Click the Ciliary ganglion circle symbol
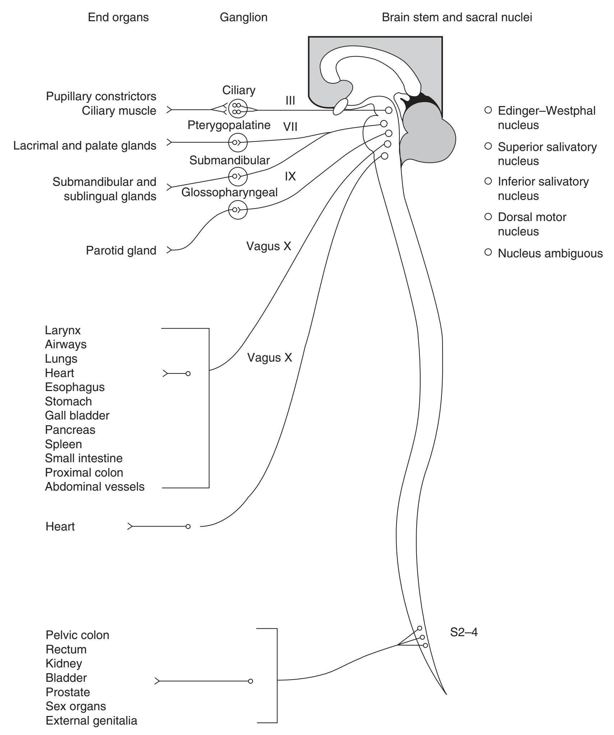pyautogui.click(x=238, y=109)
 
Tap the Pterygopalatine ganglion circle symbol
pyautogui.click(x=238, y=142)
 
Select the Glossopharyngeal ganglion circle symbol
pyautogui.click(x=238, y=209)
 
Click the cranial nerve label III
pyautogui.click(x=290, y=101)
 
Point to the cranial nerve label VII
pyautogui.click(x=290, y=127)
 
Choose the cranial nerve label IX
pyautogui.click(x=290, y=176)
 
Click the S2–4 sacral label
pyautogui.click(x=464, y=632)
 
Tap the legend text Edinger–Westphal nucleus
pyautogui.click(x=546, y=118)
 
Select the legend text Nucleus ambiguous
pyautogui.click(x=550, y=253)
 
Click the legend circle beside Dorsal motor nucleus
pyautogui.click(x=488, y=216)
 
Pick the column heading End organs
pyautogui.click(x=118, y=17)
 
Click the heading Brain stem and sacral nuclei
pyautogui.click(x=457, y=17)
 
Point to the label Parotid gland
pyautogui.click(x=121, y=251)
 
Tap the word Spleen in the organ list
pyautogui.click(x=63, y=444)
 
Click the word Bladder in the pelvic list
pyautogui.click(x=66, y=678)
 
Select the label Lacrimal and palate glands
pyautogui.click(x=85, y=146)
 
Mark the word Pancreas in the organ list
pyautogui.click(x=70, y=430)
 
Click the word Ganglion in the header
pyautogui.click(x=243, y=17)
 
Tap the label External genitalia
pyautogui.click(x=91, y=721)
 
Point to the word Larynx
pyautogui.click(x=63, y=330)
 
